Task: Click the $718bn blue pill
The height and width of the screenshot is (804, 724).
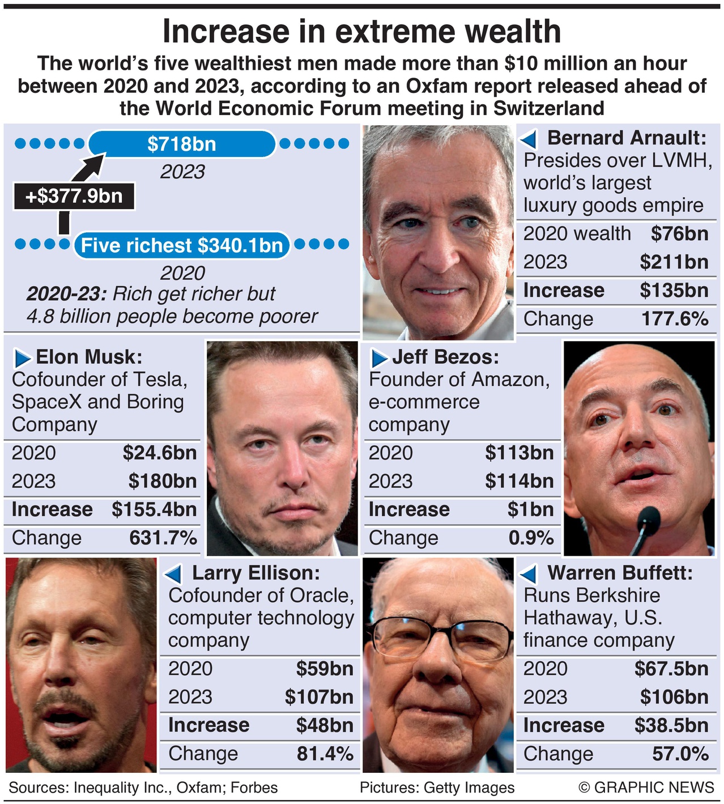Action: (x=182, y=144)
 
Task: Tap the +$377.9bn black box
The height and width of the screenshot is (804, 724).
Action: (x=74, y=196)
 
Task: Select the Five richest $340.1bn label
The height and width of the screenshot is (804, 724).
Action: (x=182, y=245)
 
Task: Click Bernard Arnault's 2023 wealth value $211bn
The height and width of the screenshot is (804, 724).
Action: (x=674, y=262)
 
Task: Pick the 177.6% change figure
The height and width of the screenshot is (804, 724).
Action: (x=674, y=318)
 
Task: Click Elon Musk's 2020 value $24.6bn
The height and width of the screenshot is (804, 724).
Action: (x=159, y=453)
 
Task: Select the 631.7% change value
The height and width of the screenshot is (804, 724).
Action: (x=163, y=537)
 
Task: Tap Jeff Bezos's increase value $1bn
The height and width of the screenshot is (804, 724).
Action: (x=530, y=509)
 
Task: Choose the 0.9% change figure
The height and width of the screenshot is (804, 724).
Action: (x=531, y=537)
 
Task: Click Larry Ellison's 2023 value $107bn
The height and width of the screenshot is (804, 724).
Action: (x=319, y=696)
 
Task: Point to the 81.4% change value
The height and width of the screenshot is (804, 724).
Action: (x=325, y=753)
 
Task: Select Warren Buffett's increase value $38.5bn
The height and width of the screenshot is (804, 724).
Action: (x=671, y=725)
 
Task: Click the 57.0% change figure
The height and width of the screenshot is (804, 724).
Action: (x=680, y=753)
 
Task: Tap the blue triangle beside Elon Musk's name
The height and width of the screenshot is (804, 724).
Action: (x=23, y=358)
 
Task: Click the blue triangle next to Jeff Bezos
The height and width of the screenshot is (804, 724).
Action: (x=379, y=358)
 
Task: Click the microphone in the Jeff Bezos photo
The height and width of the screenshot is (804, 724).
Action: (x=648, y=518)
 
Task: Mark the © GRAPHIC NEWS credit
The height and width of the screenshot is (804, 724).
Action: (x=646, y=787)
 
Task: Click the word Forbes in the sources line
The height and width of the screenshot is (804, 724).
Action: (x=254, y=788)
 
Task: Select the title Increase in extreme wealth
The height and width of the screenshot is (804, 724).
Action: (x=361, y=32)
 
